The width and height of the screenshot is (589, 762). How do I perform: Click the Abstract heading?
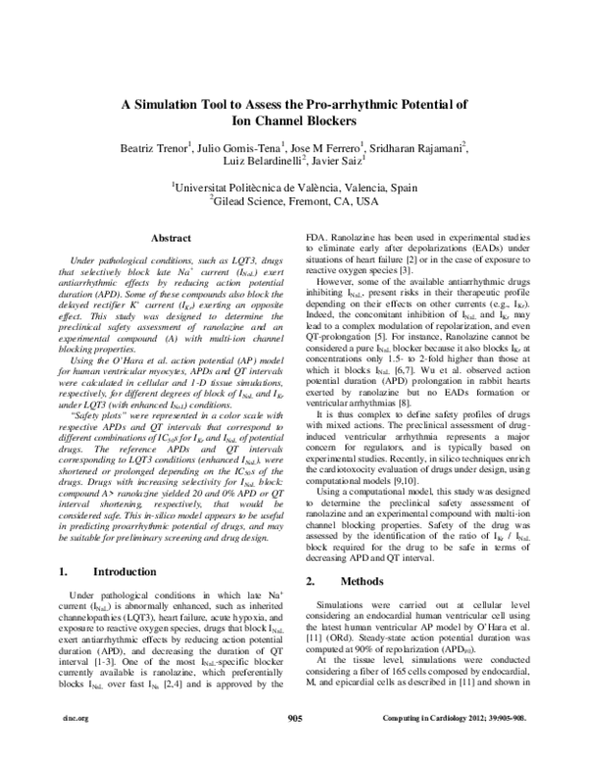pos(170,238)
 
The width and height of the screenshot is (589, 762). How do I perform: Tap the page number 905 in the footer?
pos(294,746)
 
